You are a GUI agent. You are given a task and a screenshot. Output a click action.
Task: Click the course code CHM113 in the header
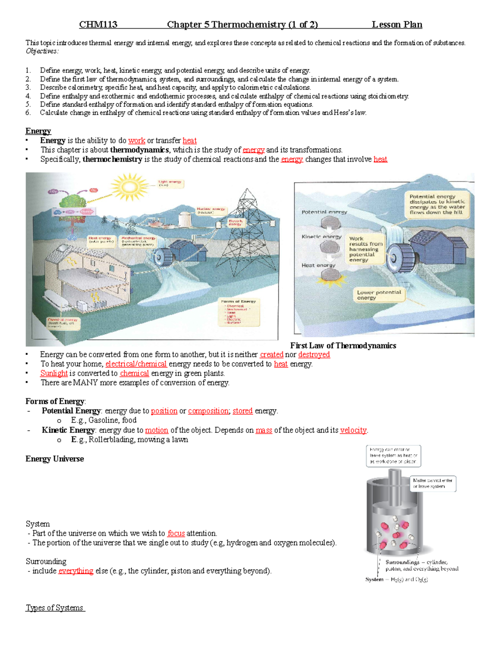98,25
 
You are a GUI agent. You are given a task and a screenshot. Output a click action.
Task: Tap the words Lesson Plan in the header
397,25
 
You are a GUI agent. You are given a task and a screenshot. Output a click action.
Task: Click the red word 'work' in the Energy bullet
137,140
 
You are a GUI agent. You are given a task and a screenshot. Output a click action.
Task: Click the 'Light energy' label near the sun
170,183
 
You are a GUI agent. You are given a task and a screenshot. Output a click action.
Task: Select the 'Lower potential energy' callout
378,295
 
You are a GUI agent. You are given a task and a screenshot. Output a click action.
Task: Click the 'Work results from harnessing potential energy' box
365,249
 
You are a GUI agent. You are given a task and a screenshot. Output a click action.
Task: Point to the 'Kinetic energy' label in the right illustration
321,237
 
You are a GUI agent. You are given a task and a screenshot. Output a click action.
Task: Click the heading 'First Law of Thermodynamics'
343,346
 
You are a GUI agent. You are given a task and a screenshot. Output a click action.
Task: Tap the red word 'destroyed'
314,355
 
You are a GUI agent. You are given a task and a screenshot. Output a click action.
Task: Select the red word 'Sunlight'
54,373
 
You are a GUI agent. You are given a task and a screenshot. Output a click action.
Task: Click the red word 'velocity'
353,430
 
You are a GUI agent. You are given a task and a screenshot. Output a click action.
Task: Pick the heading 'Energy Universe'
54,459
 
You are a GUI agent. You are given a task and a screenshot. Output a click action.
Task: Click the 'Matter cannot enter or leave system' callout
432,483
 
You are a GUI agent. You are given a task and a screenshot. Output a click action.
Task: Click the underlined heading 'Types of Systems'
55,608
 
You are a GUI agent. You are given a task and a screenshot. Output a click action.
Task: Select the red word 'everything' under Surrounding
76,571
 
